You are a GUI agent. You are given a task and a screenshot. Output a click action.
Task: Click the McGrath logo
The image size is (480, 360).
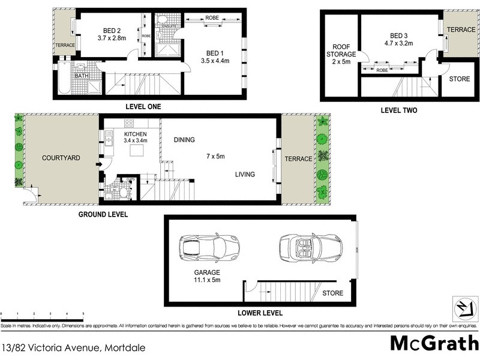pyautogui.click(x=432, y=343)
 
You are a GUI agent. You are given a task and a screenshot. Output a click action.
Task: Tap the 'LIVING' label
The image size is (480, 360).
pyautogui.click(x=245, y=175)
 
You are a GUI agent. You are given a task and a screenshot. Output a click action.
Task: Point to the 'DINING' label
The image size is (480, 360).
pyautogui.click(x=184, y=140)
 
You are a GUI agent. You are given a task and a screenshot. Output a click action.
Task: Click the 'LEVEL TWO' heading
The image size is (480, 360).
pyautogui.click(x=399, y=110)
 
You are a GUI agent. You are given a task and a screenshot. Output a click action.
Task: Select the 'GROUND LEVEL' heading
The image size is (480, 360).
pyautogui.click(x=103, y=214)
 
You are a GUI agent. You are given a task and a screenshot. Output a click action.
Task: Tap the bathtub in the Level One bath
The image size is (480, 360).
pyautogui.click(x=64, y=80)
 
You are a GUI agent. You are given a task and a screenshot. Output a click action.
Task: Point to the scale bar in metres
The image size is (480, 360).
pyautogui.click(x=41, y=313)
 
